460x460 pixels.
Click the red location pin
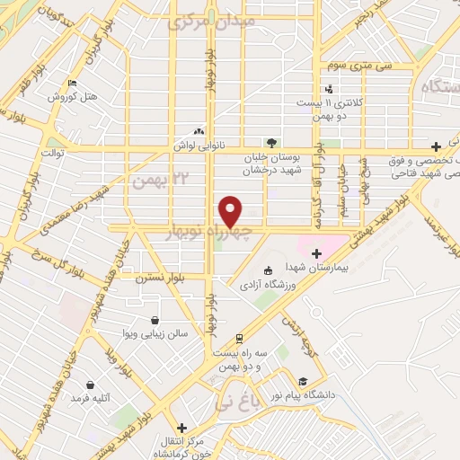231,211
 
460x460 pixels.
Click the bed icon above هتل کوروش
71,84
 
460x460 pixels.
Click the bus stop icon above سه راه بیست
238,339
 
